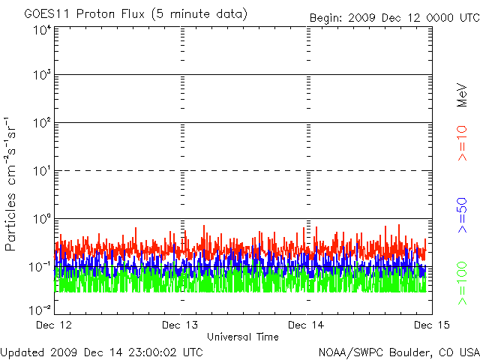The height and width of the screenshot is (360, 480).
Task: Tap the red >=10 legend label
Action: [x=462, y=143]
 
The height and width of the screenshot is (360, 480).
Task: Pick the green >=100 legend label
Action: [x=462, y=283]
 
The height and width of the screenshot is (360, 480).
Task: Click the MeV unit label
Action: [x=462, y=91]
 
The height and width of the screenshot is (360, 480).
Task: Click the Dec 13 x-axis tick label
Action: [x=181, y=325]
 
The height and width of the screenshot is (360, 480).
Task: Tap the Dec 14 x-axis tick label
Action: [x=306, y=325]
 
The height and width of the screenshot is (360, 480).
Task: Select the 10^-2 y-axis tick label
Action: [x=40, y=310]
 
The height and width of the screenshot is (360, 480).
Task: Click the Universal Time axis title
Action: [x=242, y=337]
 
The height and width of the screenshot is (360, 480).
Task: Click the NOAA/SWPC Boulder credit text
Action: [x=398, y=351]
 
